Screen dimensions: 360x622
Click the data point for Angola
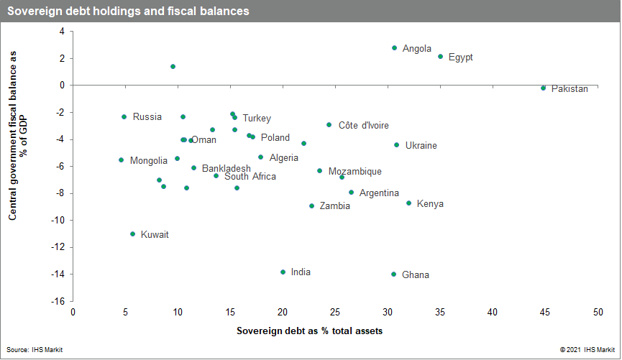[394, 48]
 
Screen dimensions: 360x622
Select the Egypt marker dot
[440, 57]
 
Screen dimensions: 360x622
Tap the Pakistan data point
[543, 88]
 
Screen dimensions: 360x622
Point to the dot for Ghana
[393, 274]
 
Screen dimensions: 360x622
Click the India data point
[283, 272]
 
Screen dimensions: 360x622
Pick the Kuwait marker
[132, 234]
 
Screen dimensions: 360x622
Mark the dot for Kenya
[408, 203]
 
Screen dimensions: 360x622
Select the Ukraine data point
[396, 145]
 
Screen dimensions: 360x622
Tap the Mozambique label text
[355, 172]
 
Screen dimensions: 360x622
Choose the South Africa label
[250, 176]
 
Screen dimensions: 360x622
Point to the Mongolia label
[149, 160]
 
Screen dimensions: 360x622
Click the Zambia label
[334, 206]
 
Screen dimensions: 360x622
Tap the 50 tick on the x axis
[598, 313]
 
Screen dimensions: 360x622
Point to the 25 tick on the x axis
[335, 313]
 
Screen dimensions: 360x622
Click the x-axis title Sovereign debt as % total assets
[309, 331]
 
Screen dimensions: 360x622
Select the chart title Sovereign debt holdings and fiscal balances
[129, 11]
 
